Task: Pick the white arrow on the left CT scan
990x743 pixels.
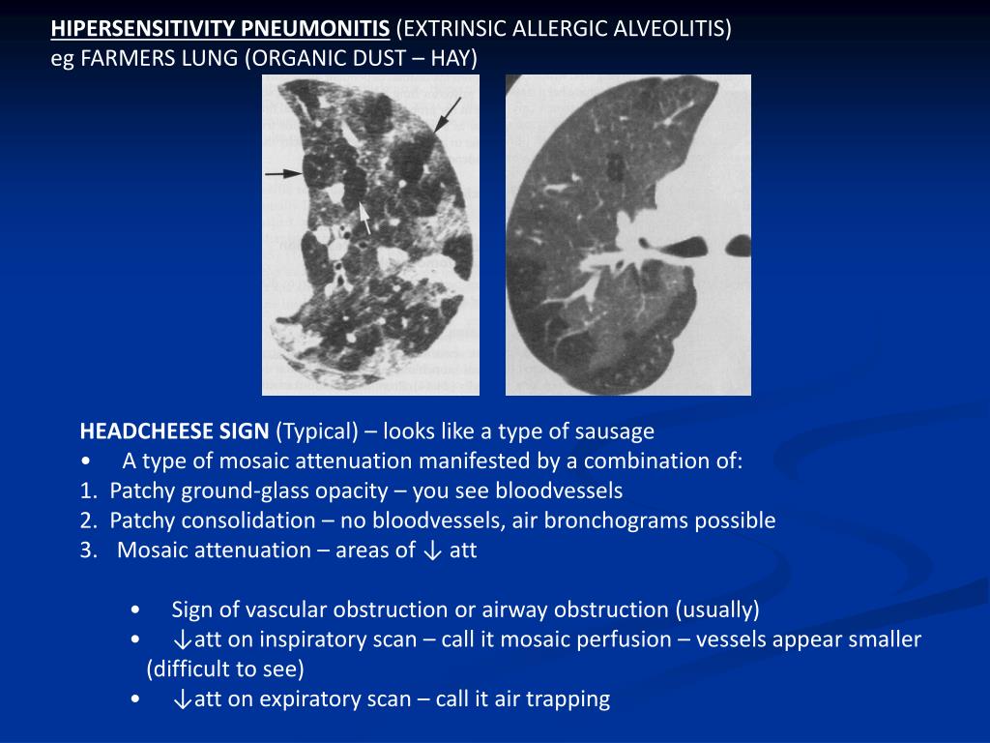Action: pos(365,218)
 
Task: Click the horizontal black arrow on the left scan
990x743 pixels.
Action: pos(283,173)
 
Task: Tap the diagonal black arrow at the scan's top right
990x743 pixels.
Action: pos(448,114)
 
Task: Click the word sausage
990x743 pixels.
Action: pos(616,431)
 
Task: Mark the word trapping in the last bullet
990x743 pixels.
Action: pos(570,698)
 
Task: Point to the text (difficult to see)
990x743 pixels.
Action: pos(225,669)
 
